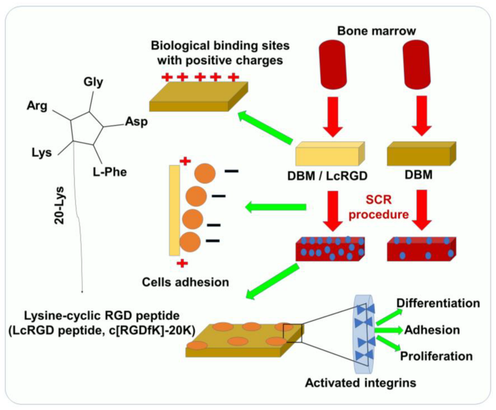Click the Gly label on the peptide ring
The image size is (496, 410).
point(93,82)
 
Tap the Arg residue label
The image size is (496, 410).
point(37,105)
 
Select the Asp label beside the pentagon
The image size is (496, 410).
point(136,121)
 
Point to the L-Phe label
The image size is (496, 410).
point(110,172)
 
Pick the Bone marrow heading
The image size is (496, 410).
point(376,31)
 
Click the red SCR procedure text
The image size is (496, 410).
point(378,207)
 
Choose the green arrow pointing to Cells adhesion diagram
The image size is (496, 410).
point(276,207)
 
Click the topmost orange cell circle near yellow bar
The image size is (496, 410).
point(205,173)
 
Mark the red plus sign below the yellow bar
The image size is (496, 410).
point(182,264)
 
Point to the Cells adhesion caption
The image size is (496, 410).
point(185,282)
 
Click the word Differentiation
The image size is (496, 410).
point(438,303)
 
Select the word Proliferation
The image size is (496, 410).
point(436,356)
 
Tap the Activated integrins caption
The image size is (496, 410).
point(360,383)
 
